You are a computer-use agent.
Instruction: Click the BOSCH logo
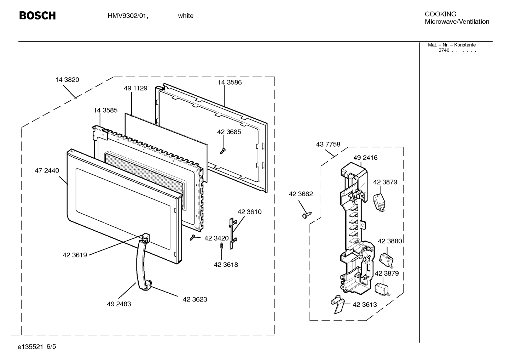tap(37, 16)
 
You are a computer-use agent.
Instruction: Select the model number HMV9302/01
tap(128, 16)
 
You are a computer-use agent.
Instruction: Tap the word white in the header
tap(186, 16)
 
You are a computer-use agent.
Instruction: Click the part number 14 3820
tap(67, 80)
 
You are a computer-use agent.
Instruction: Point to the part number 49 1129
tap(135, 88)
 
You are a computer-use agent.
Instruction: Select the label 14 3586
tap(230, 82)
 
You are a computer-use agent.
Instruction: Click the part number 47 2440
tap(47, 170)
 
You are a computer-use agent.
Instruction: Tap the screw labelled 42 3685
tap(222, 151)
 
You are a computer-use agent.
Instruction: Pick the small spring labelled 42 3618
tap(222, 246)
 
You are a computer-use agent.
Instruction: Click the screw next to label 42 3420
tap(193, 237)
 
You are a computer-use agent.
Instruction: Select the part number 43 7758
tap(328, 144)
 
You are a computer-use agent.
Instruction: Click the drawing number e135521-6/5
tap(37, 346)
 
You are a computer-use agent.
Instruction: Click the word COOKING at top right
tap(440, 14)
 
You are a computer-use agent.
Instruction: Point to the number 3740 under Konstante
tap(444, 50)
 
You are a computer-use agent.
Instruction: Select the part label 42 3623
tap(195, 299)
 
